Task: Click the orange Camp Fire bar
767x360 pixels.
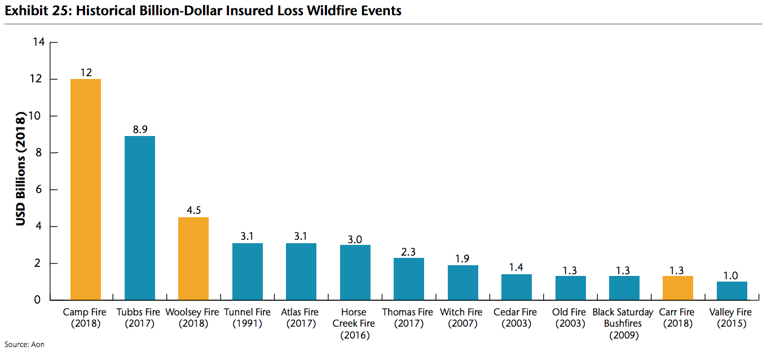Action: (86, 190)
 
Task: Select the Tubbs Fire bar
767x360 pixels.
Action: (140, 218)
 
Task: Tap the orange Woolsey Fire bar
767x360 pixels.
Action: (193, 258)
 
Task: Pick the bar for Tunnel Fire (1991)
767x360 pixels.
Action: (248, 271)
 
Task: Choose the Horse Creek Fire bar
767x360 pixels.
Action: (355, 273)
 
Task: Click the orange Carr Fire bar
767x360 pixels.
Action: (678, 288)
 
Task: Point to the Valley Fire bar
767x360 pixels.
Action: (732, 291)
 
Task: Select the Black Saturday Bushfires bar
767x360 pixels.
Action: (624, 288)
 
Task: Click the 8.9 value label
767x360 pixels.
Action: (140, 129)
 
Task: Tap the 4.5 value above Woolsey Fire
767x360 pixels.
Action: (194, 210)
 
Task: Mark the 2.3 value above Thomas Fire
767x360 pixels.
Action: (408, 252)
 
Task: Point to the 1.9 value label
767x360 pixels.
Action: (462, 259)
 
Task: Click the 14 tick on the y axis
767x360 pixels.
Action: (39, 42)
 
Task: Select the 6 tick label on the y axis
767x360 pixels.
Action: (39, 190)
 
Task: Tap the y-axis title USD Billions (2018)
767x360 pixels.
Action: (20, 169)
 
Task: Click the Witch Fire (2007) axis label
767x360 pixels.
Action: (461, 318)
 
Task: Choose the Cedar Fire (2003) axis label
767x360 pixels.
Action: (515, 318)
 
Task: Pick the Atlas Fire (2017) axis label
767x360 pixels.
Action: (300, 318)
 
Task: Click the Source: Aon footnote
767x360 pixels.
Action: (24, 345)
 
